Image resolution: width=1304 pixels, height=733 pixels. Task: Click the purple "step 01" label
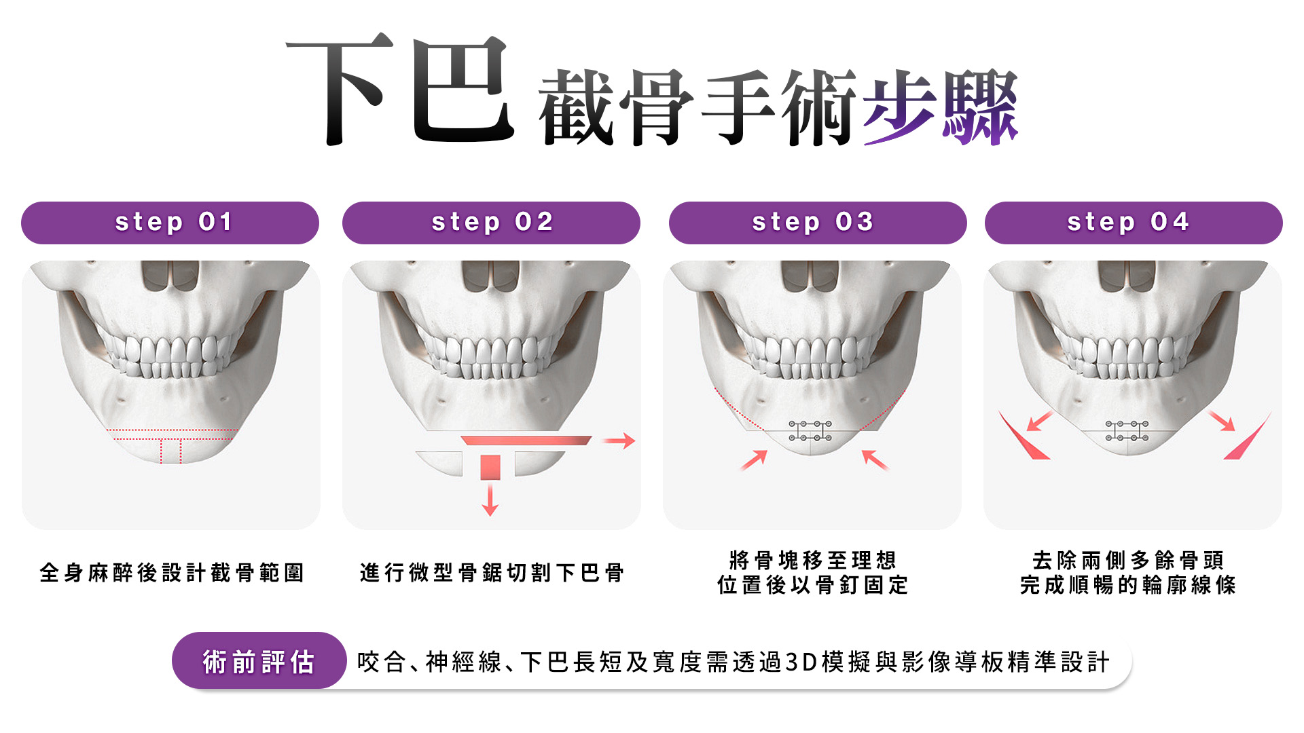click(x=170, y=223)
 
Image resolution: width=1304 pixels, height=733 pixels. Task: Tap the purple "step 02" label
click(x=491, y=223)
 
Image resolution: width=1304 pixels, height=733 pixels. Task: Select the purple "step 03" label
click(x=818, y=223)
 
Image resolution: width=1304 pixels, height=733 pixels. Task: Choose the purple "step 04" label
click(x=1134, y=223)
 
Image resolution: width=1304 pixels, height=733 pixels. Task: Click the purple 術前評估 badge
click(x=259, y=661)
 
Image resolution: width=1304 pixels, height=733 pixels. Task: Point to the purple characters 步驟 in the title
click(x=941, y=107)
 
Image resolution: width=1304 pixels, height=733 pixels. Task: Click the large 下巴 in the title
click(x=401, y=90)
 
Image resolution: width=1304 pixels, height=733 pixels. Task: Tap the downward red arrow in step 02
click(x=490, y=499)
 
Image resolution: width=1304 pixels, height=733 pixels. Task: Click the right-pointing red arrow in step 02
click(x=619, y=441)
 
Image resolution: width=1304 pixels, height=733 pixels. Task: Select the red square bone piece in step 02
click(x=490, y=468)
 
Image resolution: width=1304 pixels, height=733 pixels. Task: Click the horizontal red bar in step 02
click(x=526, y=440)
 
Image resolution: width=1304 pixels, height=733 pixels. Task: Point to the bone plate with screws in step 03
click(x=810, y=431)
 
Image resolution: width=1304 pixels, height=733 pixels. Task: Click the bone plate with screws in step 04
click(x=1127, y=431)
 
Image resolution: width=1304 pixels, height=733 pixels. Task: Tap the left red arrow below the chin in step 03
click(x=753, y=460)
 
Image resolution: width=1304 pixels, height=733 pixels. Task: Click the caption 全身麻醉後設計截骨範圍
click(x=172, y=573)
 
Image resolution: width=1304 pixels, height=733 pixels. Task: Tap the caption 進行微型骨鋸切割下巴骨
click(x=492, y=573)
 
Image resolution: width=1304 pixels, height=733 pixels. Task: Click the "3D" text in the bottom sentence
click(x=801, y=662)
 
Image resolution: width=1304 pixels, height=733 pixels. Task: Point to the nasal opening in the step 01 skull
click(x=170, y=276)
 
